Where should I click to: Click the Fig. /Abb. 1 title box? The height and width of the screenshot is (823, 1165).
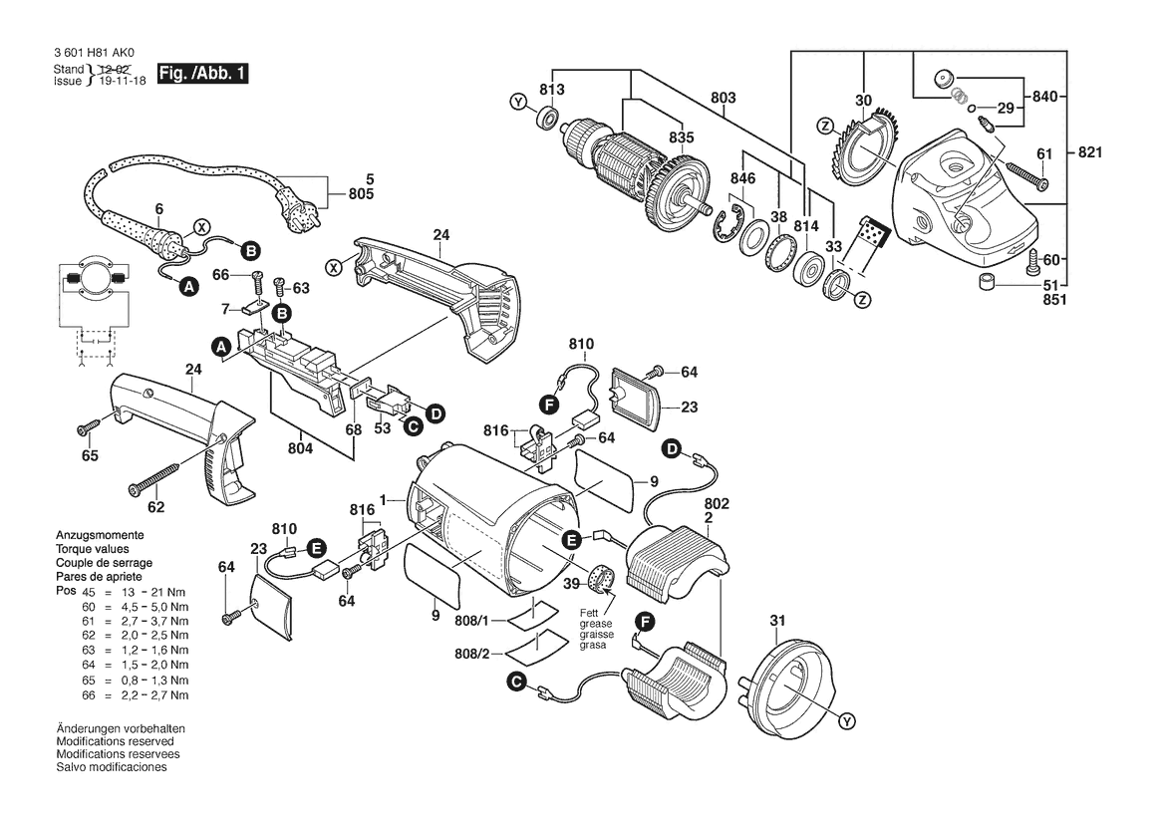(x=202, y=74)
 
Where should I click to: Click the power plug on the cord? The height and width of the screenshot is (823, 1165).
(x=302, y=203)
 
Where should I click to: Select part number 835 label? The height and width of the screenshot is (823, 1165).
(x=682, y=137)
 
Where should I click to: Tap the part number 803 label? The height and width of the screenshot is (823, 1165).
(x=723, y=98)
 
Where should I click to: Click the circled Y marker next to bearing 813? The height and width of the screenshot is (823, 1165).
(x=518, y=102)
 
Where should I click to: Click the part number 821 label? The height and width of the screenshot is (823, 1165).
(x=1090, y=152)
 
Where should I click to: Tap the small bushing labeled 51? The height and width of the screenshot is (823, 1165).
(x=988, y=283)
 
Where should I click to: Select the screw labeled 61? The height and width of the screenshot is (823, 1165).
(x=1026, y=174)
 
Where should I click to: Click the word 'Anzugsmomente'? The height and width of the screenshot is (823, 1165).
(x=101, y=535)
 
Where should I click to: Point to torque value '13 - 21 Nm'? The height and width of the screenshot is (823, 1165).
(x=146, y=592)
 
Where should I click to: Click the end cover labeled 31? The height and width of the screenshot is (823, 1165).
(x=787, y=680)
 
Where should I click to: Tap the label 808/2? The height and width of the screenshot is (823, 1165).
(x=471, y=654)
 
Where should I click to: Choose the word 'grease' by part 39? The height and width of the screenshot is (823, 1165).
(x=597, y=625)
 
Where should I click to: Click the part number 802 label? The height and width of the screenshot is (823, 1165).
(x=717, y=503)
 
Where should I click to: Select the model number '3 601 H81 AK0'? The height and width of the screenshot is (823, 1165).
(x=95, y=54)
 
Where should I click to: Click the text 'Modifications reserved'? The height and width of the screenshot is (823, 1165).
(x=116, y=741)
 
